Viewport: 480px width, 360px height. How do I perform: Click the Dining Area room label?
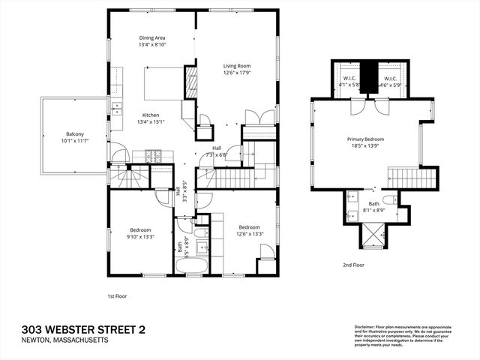pos(152,37)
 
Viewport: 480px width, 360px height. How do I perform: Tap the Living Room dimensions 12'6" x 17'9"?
pos(236,73)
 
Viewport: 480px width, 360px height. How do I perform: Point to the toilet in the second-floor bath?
pos(389,200)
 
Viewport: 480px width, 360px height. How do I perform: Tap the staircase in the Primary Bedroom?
pos(412,178)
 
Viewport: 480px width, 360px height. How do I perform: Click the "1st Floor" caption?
pos(116,295)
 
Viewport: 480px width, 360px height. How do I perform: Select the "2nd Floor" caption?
pos(353,265)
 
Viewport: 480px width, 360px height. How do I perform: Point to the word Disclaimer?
pos(366,327)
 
